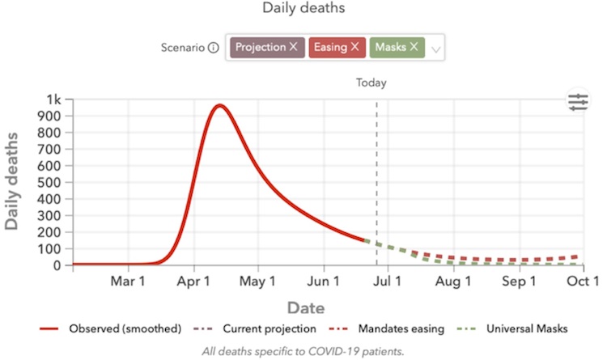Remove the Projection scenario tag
293,47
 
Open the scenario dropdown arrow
436,49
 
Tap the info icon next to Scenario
213,47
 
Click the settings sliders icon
579,102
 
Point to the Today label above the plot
371,83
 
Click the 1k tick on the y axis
54,100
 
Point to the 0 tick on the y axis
57,265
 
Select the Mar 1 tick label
127,282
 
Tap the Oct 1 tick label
584,282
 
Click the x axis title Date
306,307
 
